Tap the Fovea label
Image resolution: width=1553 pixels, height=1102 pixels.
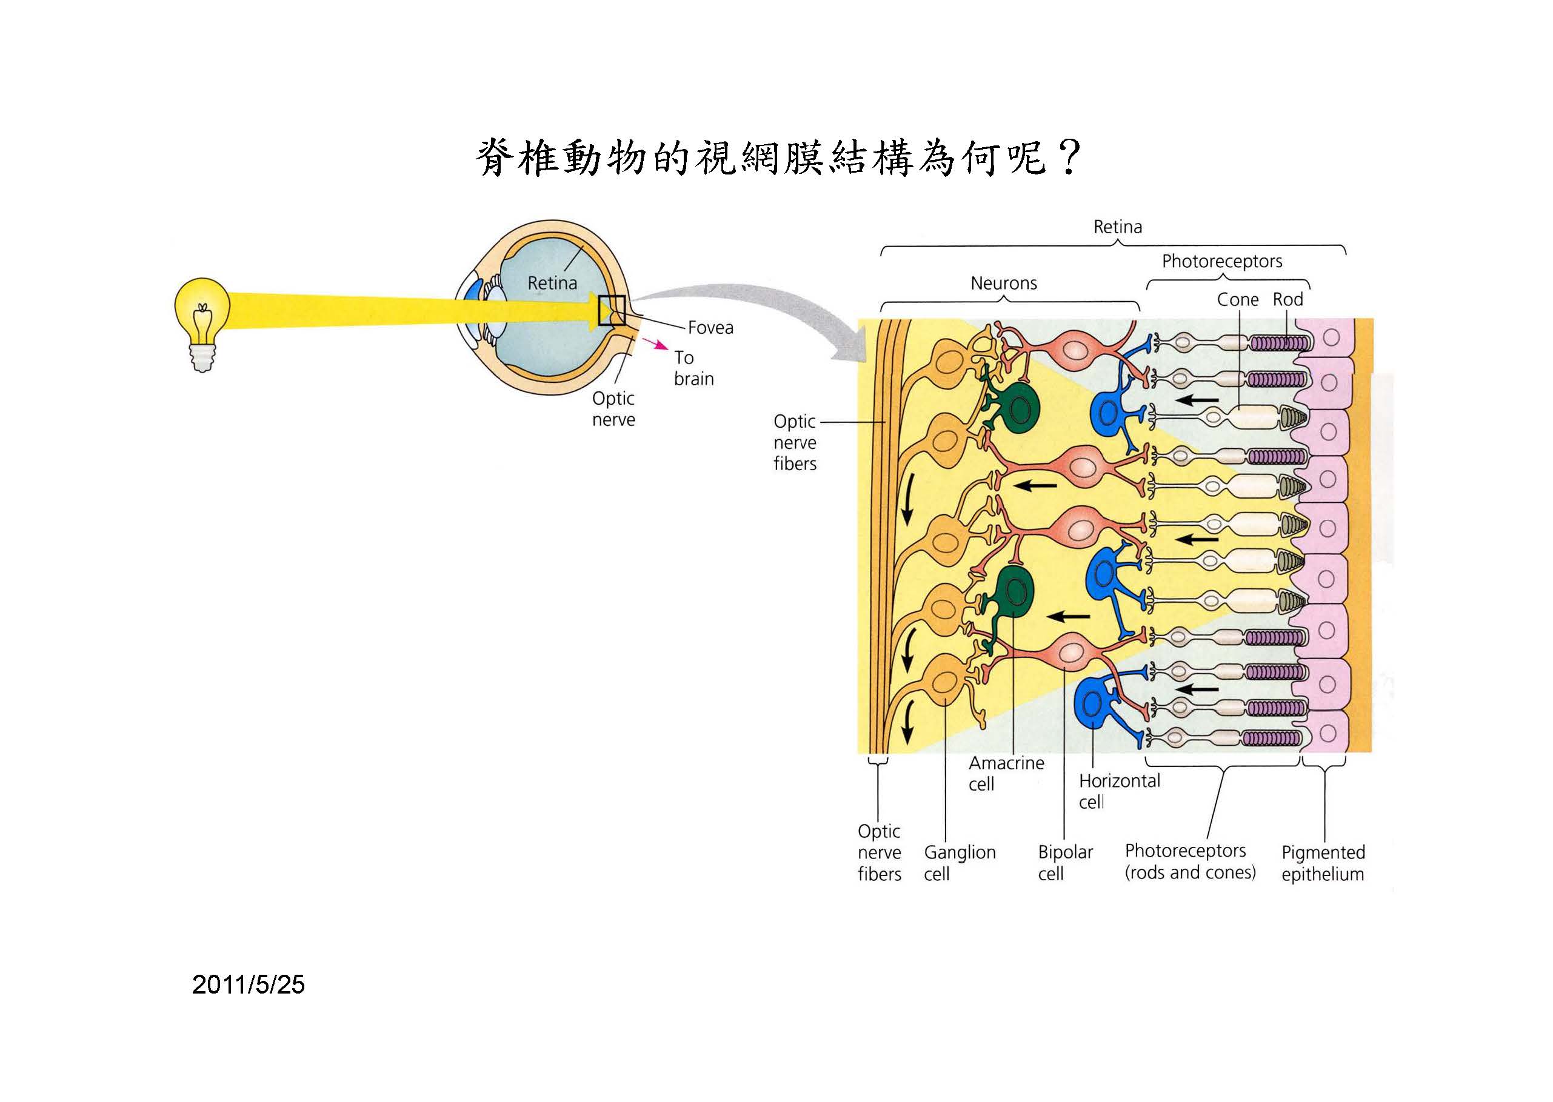(710, 328)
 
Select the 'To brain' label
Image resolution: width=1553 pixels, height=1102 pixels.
(693, 368)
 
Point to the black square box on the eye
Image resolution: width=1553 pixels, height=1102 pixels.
(611, 310)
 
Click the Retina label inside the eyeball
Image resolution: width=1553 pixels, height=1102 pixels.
(552, 283)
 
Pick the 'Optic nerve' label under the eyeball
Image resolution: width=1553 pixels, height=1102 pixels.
(613, 408)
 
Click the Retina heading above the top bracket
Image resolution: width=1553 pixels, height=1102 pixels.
(1117, 227)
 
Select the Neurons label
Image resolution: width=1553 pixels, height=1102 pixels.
(1003, 283)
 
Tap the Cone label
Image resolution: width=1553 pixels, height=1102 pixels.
(1237, 299)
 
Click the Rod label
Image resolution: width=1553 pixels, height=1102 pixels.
(1287, 299)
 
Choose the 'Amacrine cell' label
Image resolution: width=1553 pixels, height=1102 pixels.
(1005, 773)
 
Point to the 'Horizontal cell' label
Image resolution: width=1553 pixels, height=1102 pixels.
(1118, 791)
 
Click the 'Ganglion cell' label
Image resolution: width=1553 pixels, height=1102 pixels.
(959, 863)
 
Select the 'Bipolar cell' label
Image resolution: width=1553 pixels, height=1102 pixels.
(1064, 863)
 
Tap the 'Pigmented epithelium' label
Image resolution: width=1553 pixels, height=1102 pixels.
(1322, 863)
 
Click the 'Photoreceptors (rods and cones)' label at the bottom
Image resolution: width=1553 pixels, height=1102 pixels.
(1189, 861)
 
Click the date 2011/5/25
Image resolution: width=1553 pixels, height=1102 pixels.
(249, 984)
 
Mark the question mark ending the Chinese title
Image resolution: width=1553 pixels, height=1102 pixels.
(1068, 158)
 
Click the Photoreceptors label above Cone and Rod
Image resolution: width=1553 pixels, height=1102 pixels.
(1222, 261)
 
